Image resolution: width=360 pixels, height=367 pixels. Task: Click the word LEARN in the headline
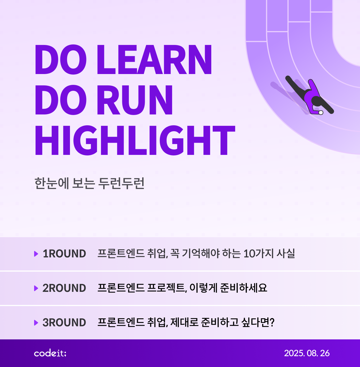pyautogui.click(x=154, y=60)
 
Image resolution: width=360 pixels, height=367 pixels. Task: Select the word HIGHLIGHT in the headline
pyautogui.click(x=135, y=140)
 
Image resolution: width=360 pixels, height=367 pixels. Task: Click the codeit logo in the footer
pyautogui.click(x=50, y=353)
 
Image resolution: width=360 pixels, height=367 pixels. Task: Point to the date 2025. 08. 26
pyautogui.click(x=307, y=353)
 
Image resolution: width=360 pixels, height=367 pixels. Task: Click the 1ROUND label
pyautogui.click(x=64, y=254)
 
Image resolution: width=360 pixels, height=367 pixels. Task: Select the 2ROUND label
pyautogui.click(x=64, y=288)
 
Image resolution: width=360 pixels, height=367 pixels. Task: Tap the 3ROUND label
pyautogui.click(x=64, y=322)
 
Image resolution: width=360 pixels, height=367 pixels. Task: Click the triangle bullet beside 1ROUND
pyautogui.click(x=36, y=254)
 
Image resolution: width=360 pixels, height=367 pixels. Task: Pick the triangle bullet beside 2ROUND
pyautogui.click(x=36, y=288)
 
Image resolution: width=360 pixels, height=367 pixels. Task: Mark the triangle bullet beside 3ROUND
pyautogui.click(x=36, y=323)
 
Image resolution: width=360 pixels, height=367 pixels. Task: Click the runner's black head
pyautogui.click(x=317, y=101)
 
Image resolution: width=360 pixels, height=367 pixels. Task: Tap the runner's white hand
pyautogui.click(x=321, y=112)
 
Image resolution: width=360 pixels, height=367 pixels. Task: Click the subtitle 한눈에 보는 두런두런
pyautogui.click(x=89, y=183)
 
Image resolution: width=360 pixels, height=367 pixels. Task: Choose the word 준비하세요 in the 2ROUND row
pyautogui.click(x=243, y=288)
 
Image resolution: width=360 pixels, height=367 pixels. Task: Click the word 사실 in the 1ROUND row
pyautogui.click(x=286, y=253)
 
